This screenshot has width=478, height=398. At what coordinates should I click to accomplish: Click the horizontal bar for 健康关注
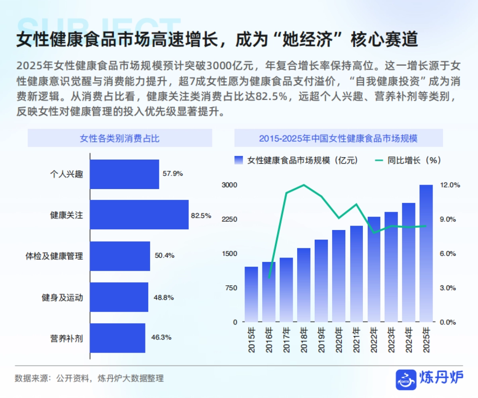point(139,215)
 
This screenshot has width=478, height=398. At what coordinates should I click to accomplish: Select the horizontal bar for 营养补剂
point(118,338)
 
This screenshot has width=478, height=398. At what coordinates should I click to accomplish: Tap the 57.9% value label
point(172,174)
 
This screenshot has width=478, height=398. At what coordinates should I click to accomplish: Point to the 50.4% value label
point(165,256)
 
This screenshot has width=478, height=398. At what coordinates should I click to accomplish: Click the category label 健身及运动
point(63,297)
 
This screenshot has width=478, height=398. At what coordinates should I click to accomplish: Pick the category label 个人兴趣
point(67,174)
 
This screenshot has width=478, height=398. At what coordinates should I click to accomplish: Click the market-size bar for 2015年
point(251,294)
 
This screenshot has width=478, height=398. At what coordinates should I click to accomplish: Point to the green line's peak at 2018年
point(304,185)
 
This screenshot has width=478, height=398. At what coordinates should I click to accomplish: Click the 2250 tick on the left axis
point(229,219)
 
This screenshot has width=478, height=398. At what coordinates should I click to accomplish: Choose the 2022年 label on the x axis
point(374,339)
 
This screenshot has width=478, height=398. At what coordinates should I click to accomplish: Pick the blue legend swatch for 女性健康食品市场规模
point(239,160)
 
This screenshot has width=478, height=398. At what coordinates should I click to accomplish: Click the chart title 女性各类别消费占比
point(119,139)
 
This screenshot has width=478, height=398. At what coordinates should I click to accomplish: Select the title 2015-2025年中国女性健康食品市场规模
point(338,139)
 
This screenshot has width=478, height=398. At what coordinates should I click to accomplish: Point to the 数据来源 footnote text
point(89,378)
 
